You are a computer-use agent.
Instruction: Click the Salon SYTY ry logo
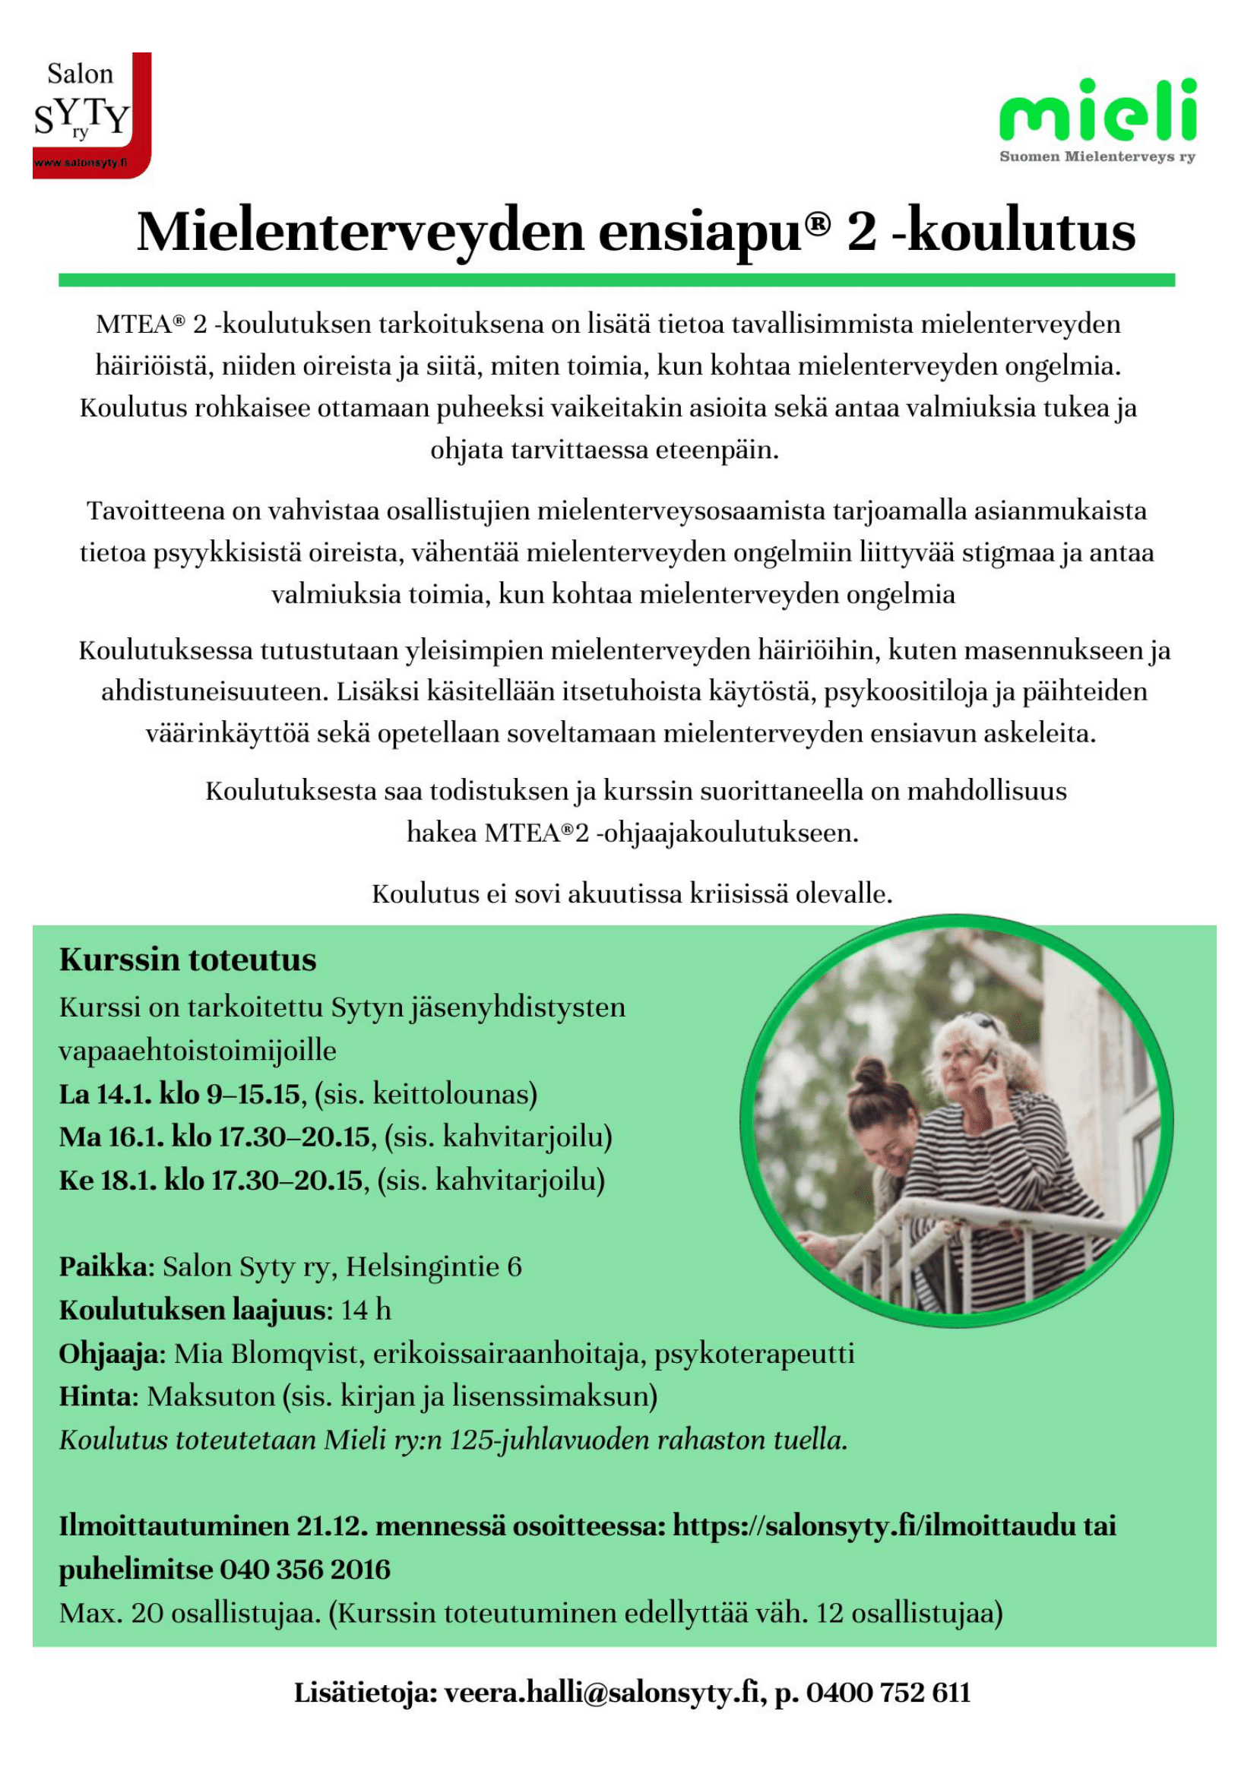(x=91, y=115)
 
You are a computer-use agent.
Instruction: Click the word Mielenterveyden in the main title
(x=359, y=232)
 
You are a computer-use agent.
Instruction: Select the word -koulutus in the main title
(x=1013, y=232)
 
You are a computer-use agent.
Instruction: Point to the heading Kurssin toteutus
(x=187, y=960)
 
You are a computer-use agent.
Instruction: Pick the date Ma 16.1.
(x=111, y=1137)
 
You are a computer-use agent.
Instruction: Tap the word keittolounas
(x=454, y=1093)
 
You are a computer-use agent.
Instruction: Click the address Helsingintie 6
(x=433, y=1267)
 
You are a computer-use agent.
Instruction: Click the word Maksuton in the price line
(x=211, y=1397)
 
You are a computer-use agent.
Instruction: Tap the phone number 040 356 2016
(x=305, y=1570)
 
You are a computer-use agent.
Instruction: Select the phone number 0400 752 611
(x=888, y=1693)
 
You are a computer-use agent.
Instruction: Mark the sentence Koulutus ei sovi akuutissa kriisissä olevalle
(x=632, y=894)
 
